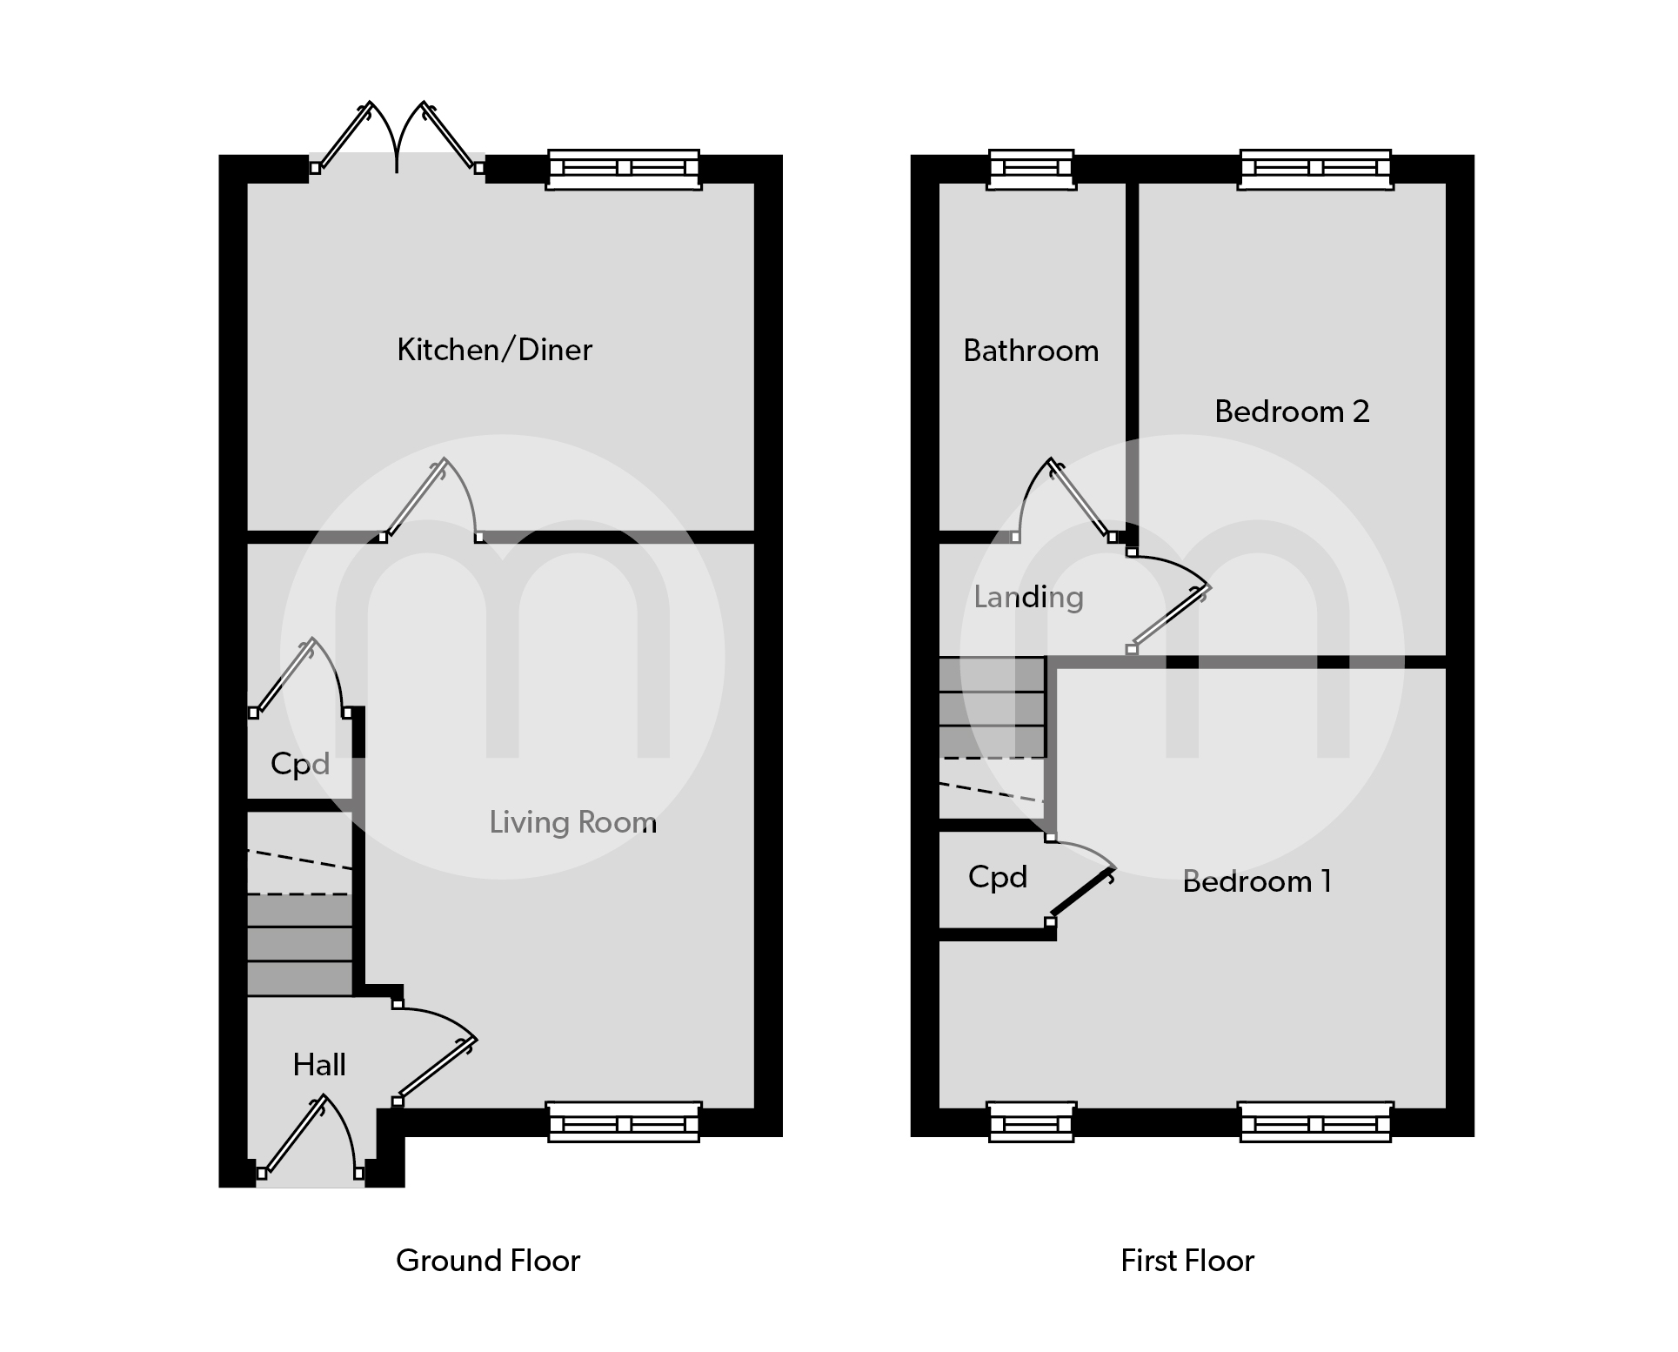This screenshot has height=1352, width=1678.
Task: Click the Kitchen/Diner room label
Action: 494,350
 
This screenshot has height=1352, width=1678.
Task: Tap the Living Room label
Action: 572,822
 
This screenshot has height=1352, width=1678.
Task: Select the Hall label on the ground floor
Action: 319,1065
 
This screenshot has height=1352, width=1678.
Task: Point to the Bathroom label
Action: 1031,351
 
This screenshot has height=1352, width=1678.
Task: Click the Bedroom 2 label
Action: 1292,412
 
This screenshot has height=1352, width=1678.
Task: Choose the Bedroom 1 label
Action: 1257,881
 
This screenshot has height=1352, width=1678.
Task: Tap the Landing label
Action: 1028,597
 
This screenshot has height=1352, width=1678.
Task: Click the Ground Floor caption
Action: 488,1261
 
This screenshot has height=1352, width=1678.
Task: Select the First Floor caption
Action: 1187,1261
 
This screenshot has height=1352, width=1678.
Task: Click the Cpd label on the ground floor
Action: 300,764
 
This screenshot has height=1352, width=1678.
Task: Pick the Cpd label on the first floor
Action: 998,877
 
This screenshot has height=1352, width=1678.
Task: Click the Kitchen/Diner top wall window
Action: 623,169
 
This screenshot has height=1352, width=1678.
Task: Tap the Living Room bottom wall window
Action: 623,1122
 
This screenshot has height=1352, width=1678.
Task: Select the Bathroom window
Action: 1032,169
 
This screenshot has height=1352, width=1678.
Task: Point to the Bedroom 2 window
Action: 1315,169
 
